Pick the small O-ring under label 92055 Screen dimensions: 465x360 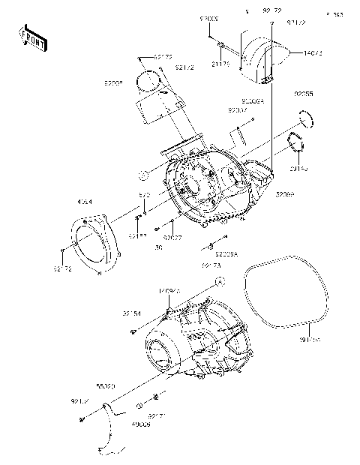(304, 117)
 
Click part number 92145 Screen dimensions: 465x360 (298, 169)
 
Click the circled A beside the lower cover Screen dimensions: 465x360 (220, 280)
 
